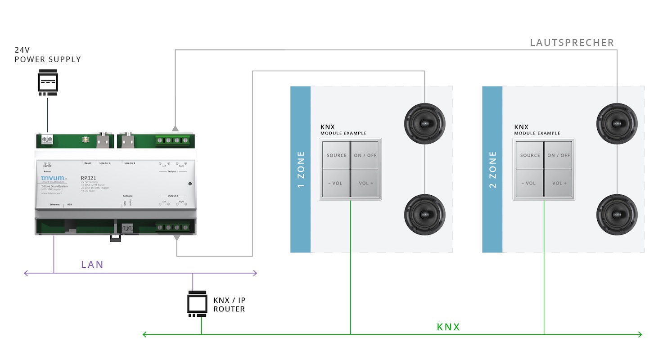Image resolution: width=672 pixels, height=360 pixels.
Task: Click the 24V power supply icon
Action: (x=47, y=83)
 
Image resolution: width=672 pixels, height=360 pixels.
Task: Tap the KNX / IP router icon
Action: (x=197, y=305)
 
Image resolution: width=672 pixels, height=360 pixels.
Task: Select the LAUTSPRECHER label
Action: (x=572, y=43)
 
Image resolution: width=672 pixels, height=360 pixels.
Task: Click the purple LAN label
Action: (x=92, y=265)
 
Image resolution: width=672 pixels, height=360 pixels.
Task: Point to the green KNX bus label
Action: (x=448, y=327)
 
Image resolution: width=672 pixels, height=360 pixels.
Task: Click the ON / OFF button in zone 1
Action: (x=365, y=155)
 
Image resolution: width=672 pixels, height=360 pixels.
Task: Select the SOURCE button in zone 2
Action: (x=530, y=155)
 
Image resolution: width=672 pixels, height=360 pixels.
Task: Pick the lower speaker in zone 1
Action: (x=424, y=214)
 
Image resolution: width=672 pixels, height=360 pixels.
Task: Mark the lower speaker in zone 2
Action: (x=617, y=214)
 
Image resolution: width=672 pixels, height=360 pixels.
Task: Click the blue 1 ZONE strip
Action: (x=301, y=169)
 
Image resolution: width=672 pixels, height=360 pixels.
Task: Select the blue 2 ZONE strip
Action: (x=492, y=169)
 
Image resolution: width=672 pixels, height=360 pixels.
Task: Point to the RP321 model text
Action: (x=88, y=178)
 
